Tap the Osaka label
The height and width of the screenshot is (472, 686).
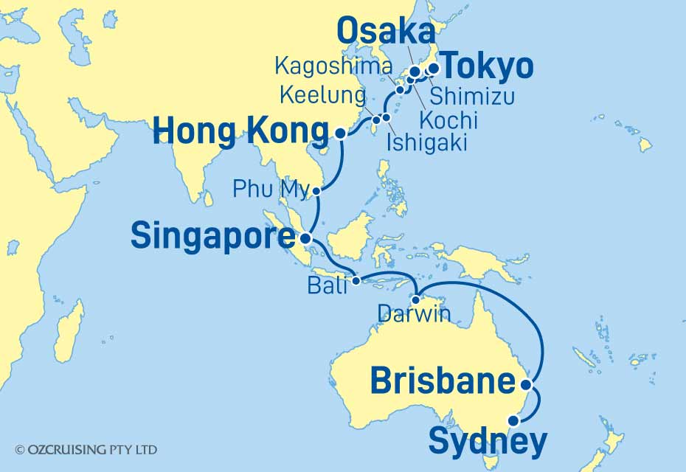pos(385,32)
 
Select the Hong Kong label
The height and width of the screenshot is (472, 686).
pos(239,133)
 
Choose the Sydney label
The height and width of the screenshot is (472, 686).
pos(488,442)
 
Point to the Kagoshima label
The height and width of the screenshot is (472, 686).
pos(332,66)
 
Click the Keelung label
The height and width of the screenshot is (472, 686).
pos(322,95)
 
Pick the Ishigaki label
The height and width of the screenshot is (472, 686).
pos(426,142)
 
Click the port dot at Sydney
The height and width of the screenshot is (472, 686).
pos(513,421)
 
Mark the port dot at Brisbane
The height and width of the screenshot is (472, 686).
pos(526,384)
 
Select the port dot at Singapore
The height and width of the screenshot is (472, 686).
pos(305,238)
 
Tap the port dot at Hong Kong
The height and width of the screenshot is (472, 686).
pos(340,133)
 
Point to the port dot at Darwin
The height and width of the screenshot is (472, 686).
pos(416,300)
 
